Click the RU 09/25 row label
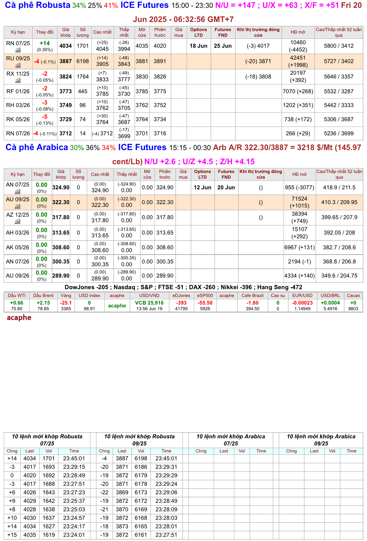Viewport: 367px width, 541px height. [18, 58]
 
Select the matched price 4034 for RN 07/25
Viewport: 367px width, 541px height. [66, 46]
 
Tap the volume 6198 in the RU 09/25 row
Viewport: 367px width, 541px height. [82, 61]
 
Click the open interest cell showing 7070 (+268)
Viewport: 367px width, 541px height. [298, 91]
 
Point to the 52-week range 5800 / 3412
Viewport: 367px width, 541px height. [338, 46]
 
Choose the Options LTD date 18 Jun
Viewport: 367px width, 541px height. [198, 46]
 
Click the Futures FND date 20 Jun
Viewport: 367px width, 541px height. [226, 187]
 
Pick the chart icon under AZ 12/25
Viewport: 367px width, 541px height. [18, 222]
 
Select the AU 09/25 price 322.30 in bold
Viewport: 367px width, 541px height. [61, 202]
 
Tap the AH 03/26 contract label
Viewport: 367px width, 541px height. [18, 233]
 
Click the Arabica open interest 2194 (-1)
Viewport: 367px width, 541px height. [299, 262]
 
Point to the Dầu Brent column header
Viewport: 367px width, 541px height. [43, 295]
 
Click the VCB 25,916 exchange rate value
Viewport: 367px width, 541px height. [149, 303]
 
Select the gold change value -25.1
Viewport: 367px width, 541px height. [66, 303]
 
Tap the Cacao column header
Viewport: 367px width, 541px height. [353, 295]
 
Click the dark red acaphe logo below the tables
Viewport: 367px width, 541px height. [19, 317]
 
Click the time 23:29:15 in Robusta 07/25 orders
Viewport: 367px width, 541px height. [74, 467]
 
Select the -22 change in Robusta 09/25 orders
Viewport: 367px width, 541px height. [104, 492]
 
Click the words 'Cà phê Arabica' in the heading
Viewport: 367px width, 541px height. [37, 147]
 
